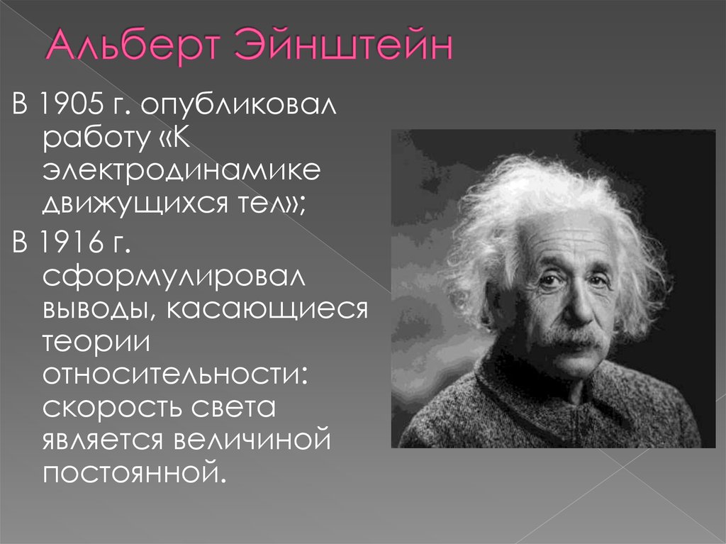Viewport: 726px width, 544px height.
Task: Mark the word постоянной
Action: pyautogui.click(x=135, y=472)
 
